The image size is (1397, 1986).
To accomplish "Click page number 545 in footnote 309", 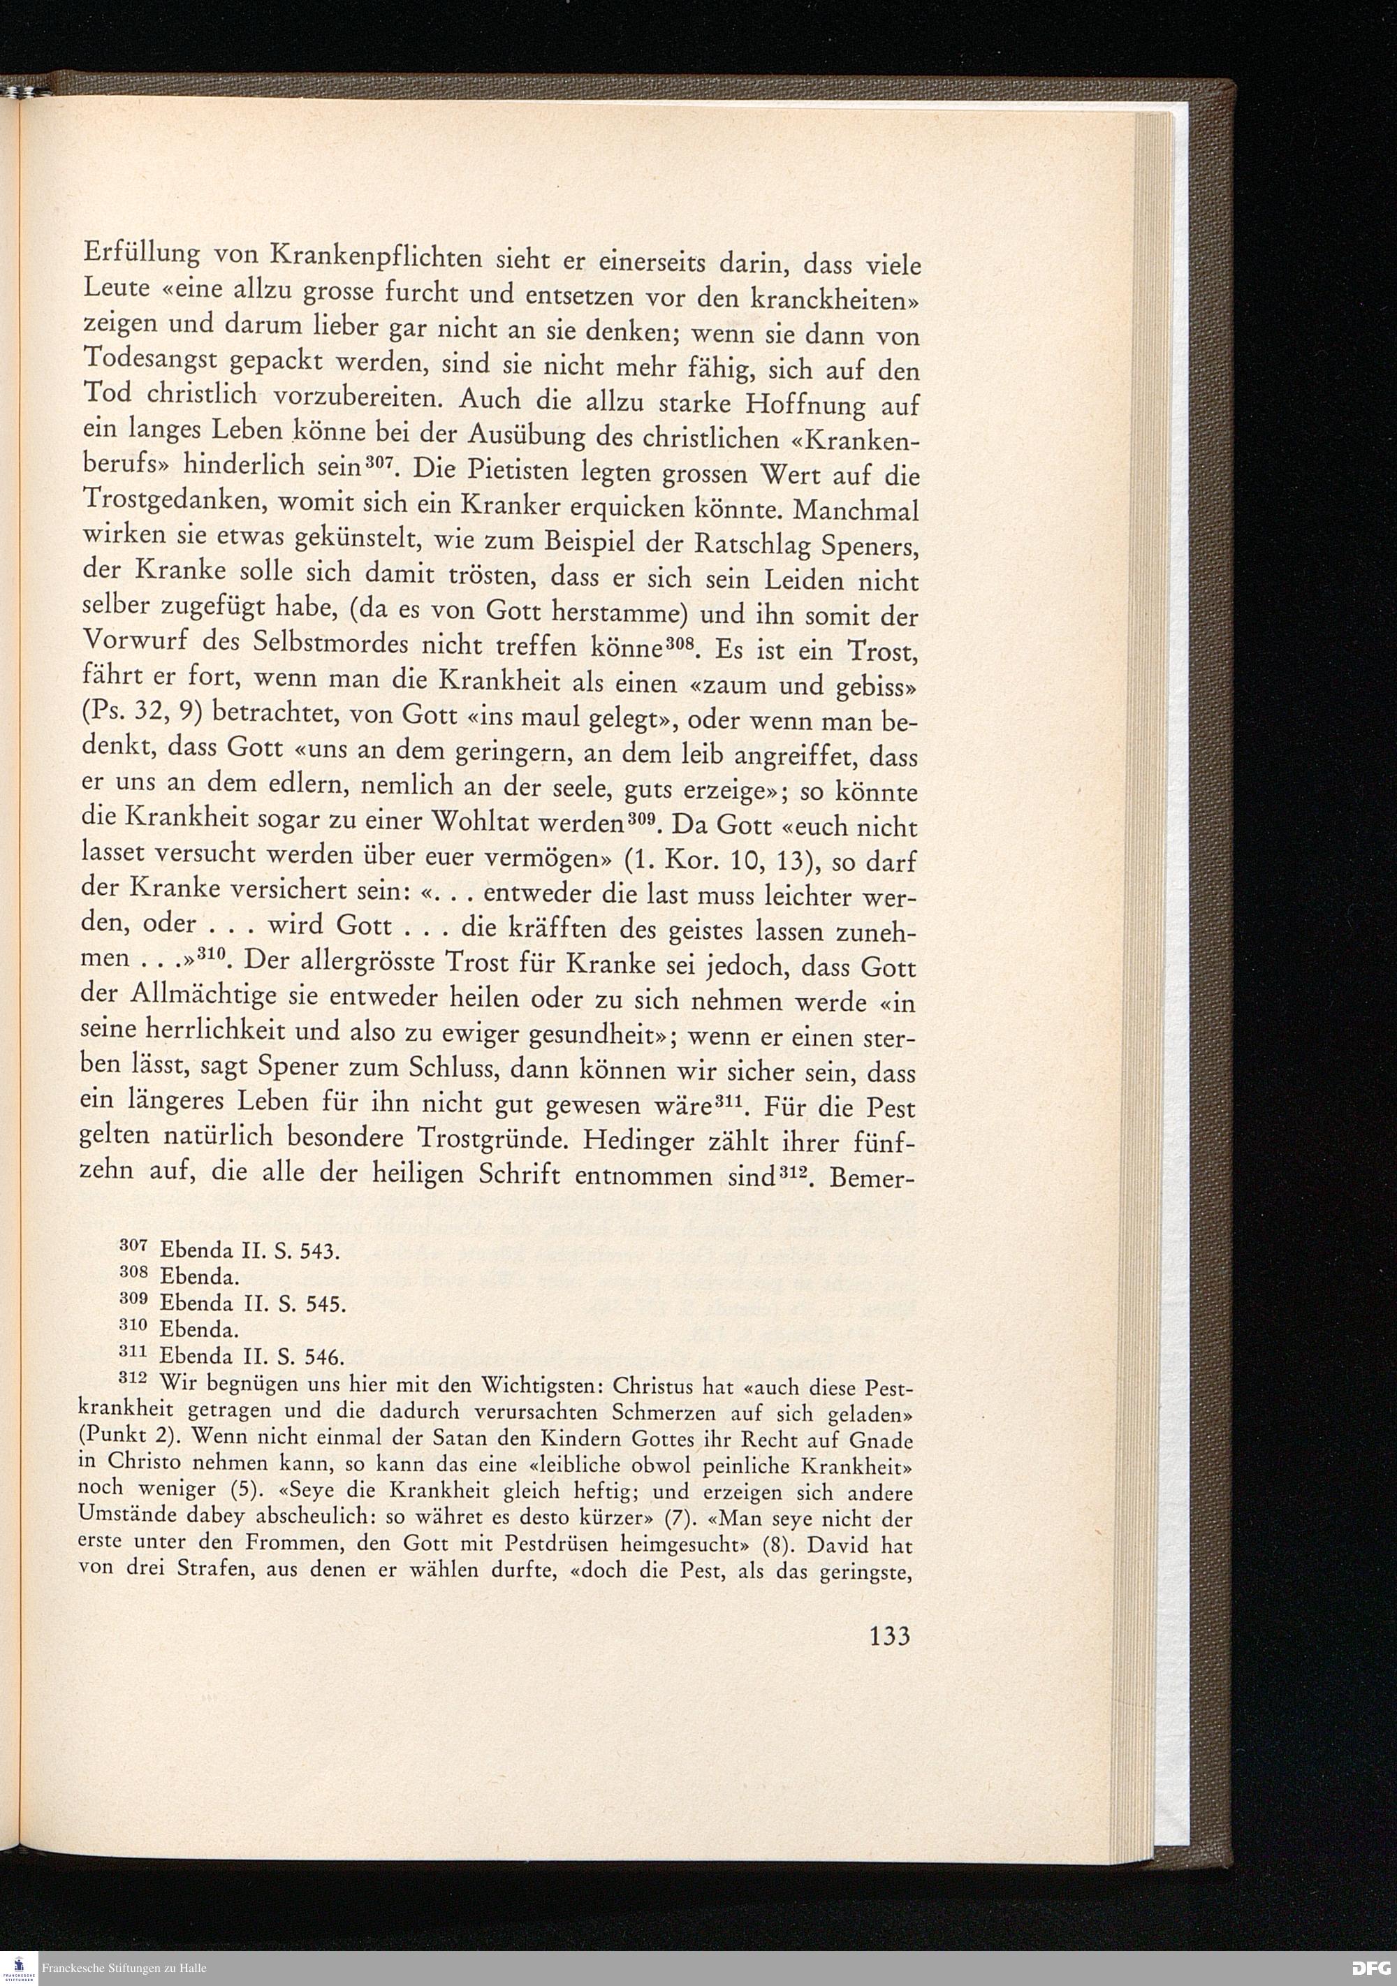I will pos(327,1304).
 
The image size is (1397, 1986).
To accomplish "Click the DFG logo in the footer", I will pos(1372,1967).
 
